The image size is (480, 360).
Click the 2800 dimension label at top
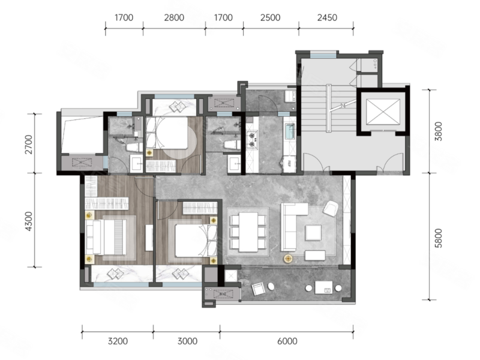click(174, 18)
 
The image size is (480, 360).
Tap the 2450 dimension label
click(327, 18)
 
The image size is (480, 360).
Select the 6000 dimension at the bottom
click(287, 341)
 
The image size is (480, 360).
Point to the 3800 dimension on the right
click(439, 131)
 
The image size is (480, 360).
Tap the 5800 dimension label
click(439, 238)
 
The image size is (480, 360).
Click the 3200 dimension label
click(118, 341)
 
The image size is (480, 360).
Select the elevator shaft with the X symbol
click(383, 112)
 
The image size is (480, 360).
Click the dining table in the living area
click(248, 232)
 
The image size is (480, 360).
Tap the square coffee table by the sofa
click(313, 232)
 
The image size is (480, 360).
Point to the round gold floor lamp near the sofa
click(288, 259)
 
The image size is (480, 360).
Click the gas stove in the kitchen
click(252, 139)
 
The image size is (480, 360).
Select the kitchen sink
click(290, 131)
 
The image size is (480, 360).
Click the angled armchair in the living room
click(331, 208)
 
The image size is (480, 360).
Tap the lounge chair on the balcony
click(257, 289)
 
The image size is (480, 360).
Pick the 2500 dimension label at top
click(271, 18)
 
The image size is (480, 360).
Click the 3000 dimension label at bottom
click(187, 341)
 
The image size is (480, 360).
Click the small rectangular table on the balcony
click(323, 288)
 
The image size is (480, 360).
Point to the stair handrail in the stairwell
click(328, 108)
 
